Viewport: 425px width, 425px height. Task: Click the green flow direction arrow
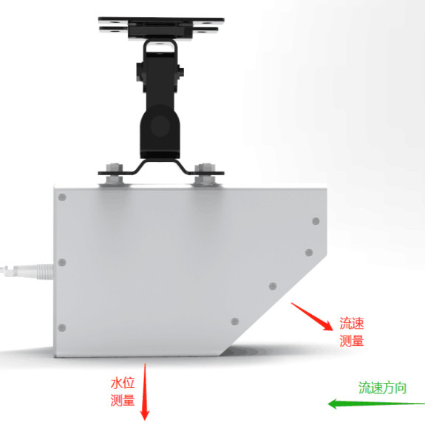pyautogui.click(x=376, y=404)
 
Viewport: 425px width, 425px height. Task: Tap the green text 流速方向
pyautogui.click(x=382, y=388)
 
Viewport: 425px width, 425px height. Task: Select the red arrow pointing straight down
pyautogui.click(x=145, y=392)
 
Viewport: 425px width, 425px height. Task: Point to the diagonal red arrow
pyautogui.click(x=312, y=316)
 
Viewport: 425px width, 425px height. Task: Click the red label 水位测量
pyautogui.click(x=123, y=392)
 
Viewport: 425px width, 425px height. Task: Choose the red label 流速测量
pyautogui.click(x=352, y=332)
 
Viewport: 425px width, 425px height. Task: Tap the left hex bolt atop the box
pyautogui.click(x=115, y=174)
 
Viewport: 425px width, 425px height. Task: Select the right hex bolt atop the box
pyautogui.click(x=205, y=174)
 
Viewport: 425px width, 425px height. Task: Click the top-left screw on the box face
pyautogui.click(x=62, y=197)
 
